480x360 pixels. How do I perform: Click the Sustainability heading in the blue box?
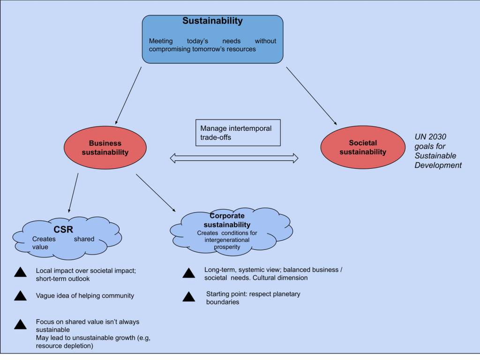[x=212, y=21]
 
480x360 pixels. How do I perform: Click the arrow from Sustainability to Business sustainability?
[x=128, y=95]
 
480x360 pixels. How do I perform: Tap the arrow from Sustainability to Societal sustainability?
[x=311, y=95]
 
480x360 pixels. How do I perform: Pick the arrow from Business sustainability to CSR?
[x=73, y=193]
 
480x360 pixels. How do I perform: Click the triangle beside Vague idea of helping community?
[x=20, y=296]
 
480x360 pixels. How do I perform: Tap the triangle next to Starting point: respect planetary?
[x=189, y=297]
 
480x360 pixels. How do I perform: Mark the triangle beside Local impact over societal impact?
[x=20, y=272]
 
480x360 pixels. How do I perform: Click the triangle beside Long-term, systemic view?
[x=189, y=273]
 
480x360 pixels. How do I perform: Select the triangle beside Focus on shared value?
[x=20, y=324]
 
